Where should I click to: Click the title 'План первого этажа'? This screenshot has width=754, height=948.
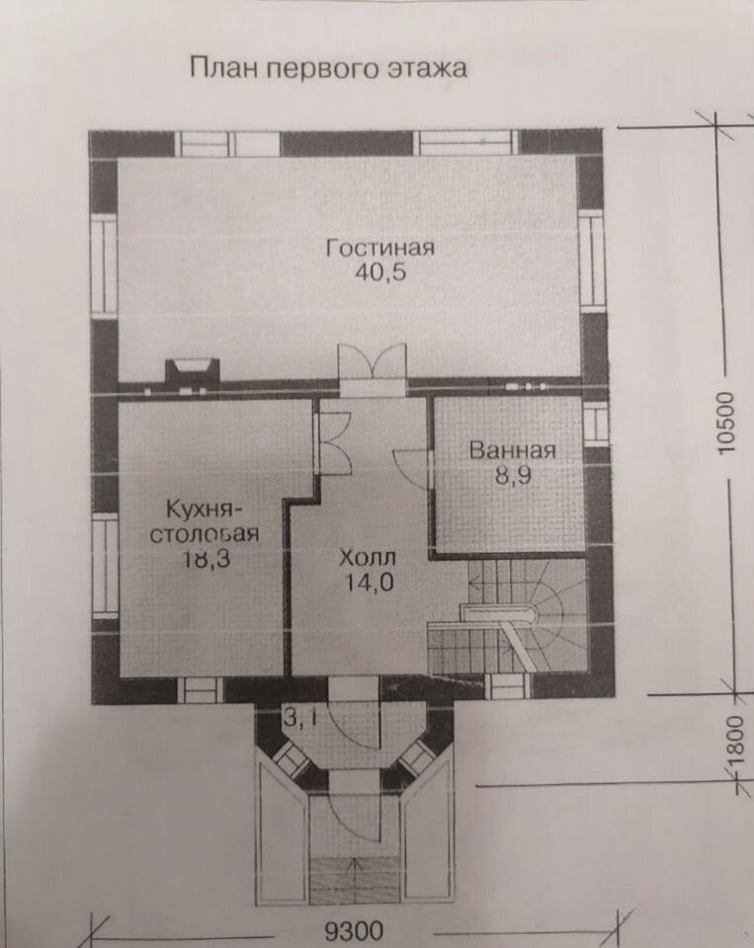pos(329,68)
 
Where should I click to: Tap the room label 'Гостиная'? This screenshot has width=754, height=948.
pos(380,248)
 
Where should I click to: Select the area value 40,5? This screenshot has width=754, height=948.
pos(380,273)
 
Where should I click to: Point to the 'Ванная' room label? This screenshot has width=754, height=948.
pos(513,450)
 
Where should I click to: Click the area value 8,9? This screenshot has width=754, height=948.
pos(513,476)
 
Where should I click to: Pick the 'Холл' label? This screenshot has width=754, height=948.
pos(367,557)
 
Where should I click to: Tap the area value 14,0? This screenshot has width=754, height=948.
pos(370,583)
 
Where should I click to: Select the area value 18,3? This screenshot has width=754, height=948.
pos(206,559)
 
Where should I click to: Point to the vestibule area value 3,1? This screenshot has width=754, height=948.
pos(298,719)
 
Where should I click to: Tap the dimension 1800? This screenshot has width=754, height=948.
pos(734,742)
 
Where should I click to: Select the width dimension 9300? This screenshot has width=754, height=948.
pos(354,930)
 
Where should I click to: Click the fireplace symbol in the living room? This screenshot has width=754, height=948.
pos(192,370)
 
